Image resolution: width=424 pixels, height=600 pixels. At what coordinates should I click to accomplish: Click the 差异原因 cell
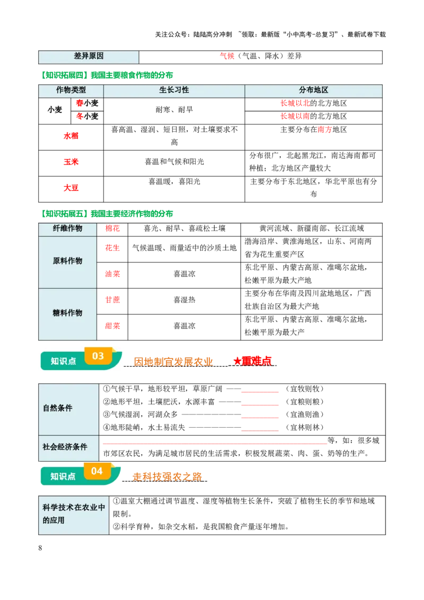[x=89, y=57]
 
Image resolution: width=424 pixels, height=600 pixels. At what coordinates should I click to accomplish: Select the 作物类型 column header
[x=71, y=91]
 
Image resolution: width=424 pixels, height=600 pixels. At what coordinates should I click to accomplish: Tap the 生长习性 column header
[x=174, y=91]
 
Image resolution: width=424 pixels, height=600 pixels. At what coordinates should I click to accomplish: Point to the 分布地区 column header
[x=313, y=91]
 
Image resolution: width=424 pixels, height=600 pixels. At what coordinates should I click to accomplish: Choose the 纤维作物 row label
[x=67, y=229]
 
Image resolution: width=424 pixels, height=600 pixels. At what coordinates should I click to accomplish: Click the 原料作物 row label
[x=67, y=261]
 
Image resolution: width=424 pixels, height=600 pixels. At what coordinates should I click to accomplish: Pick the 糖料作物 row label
[x=67, y=313]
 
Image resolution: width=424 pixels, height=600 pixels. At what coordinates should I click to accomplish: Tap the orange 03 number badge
[x=98, y=356]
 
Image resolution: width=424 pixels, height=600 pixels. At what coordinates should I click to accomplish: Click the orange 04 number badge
[x=97, y=471]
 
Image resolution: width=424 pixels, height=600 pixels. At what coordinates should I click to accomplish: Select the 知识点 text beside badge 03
[x=63, y=361]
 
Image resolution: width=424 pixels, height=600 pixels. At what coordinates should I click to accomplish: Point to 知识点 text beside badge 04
[x=63, y=477]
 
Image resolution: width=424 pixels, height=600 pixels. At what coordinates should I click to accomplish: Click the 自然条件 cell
[x=58, y=408]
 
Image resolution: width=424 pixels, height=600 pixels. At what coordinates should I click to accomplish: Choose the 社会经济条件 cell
[x=65, y=447]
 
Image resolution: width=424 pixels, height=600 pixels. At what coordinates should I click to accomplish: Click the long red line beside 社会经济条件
[x=214, y=443]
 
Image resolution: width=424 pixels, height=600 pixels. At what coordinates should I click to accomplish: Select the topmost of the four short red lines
[x=259, y=392]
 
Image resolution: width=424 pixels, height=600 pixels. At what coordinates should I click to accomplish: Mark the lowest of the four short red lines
[x=259, y=430]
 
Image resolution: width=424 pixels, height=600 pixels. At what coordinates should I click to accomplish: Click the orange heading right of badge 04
[x=167, y=477]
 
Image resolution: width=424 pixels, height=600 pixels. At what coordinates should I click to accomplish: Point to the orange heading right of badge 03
[x=173, y=361]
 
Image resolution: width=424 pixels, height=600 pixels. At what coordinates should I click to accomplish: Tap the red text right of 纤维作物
[x=112, y=228]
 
